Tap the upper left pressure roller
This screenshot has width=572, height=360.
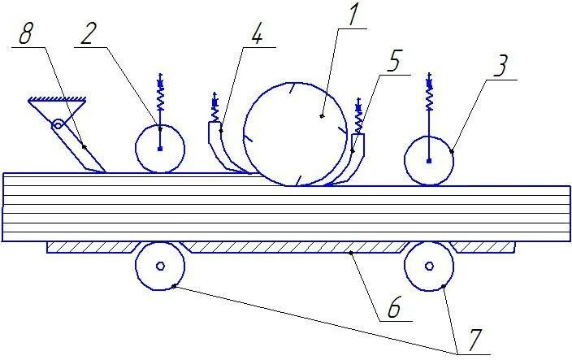coord(159,148)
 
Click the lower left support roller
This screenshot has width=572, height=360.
coord(159,266)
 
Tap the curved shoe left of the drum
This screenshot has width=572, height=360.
coord(219,150)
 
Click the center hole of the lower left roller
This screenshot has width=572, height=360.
coord(159,266)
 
